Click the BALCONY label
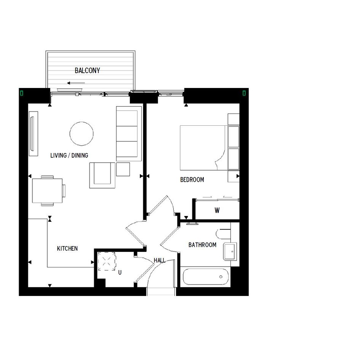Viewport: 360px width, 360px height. click(88, 70)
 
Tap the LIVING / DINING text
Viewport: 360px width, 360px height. click(69, 155)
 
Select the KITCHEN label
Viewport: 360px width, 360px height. click(67, 248)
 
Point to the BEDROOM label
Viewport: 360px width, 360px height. click(192, 179)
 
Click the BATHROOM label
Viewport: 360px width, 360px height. click(202, 245)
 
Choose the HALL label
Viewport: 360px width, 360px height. click(159, 260)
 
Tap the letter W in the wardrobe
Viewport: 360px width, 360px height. click(217, 210)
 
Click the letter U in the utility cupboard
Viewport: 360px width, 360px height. click(120, 272)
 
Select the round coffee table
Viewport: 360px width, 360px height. click(82, 134)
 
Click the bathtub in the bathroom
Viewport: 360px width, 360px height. click(206, 277)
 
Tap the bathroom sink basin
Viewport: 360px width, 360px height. click(230, 252)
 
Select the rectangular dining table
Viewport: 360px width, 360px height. click(47, 191)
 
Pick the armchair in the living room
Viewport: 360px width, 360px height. click(102, 175)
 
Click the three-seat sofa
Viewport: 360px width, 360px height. click(129, 134)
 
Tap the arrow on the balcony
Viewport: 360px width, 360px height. click(76, 83)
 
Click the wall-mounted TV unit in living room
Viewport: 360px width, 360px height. click(33, 134)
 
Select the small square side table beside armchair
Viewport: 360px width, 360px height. click(123, 169)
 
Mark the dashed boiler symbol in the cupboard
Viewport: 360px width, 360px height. click(107, 261)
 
